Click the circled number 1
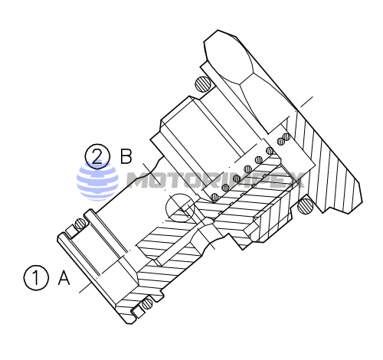[x=35, y=277]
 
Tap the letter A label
[x=64, y=277]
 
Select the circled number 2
[x=97, y=157]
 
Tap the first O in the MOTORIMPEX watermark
[x=160, y=182]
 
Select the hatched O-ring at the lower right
[x=305, y=204]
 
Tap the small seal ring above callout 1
[x=79, y=224]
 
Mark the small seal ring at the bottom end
[x=142, y=307]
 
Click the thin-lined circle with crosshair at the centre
[x=182, y=208]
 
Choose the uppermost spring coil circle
[x=286, y=137]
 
